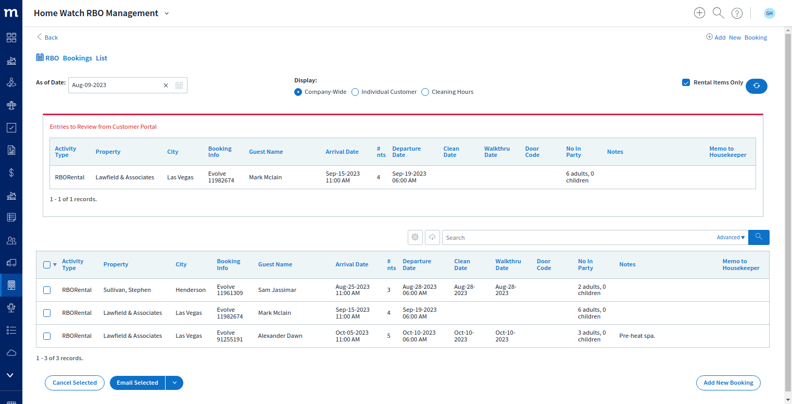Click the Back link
[47, 37]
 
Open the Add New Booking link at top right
[736, 37]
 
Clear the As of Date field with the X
[166, 85]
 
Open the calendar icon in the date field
[179, 85]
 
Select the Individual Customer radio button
[355, 92]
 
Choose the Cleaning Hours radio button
[425, 92]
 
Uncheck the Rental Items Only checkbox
[686, 82]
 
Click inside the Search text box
[576, 238]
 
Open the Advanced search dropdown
[731, 238]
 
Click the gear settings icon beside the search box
[415, 237]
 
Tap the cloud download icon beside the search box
[432, 237]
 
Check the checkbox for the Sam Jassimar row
[47, 290]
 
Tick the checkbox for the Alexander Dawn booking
[47, 336]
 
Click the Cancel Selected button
[74, 383]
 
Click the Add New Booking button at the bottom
[728, 383]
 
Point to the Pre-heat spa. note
[637, 336]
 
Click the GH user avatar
[770, 13]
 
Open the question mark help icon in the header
[737, 13]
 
